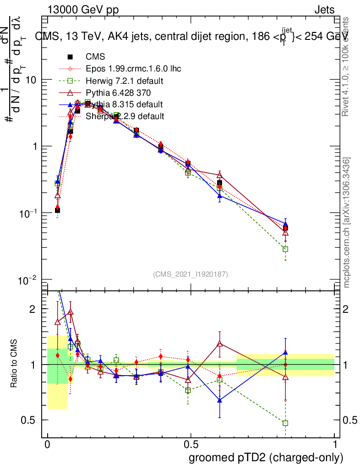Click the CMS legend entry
(x=95, y=57)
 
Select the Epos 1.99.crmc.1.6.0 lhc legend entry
(x=133, y=69)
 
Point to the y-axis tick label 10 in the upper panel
(x=31, y=80)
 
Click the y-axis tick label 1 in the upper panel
(x=34, y=147)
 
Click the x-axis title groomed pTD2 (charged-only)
(x=266, y=458)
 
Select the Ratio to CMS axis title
(x=15, y=365)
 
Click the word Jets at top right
(x=324, y=10)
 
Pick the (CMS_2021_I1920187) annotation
(x=191, y=274)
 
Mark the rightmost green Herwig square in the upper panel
(x=285, y=249)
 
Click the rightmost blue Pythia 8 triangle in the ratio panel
(x=285, y=352)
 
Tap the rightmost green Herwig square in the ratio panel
(x=285, y=423)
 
